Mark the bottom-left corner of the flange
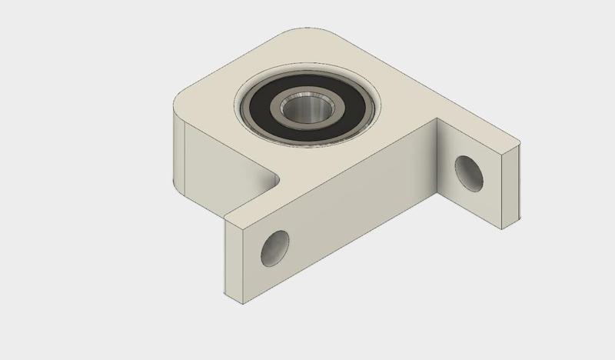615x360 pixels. point(225,295)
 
